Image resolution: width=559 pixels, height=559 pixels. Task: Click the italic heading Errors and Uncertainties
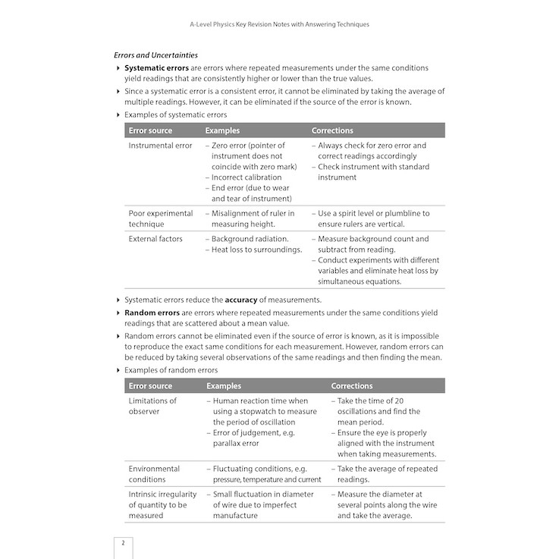click(x=155, y=55)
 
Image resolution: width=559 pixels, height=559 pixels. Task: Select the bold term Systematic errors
click(x=156, y=68)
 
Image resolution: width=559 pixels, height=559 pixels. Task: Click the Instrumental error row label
click(x=160, y=146)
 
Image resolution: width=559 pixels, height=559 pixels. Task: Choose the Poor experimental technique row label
click(x=161, y=218)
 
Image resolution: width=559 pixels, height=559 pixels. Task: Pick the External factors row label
click(x=155, y=239)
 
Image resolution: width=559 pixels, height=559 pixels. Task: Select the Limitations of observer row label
click(x=152, y=406)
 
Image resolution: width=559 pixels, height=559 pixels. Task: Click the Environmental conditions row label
click(x=154, y=474)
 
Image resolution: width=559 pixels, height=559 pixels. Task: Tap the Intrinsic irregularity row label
click(x=162, y=504)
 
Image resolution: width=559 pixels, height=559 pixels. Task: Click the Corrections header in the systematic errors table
click(x=332, y=130)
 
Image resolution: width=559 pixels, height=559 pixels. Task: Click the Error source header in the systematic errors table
click(x=150, y=130)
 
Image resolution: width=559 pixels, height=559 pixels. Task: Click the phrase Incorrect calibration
click(x=247, y=177)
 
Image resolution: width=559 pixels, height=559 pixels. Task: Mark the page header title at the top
click(x=279, y=24)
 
